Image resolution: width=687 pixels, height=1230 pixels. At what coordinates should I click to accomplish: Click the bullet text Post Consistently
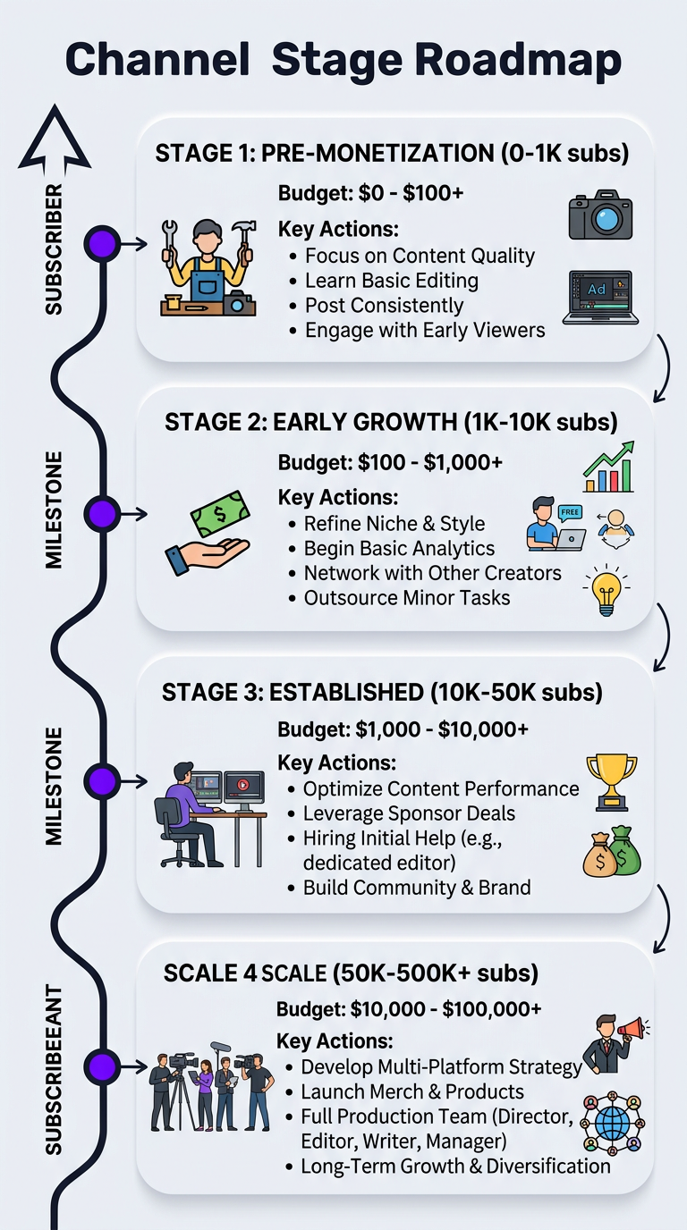coord(384,305)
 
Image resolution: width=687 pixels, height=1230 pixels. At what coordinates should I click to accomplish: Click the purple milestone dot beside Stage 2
coord(102,514)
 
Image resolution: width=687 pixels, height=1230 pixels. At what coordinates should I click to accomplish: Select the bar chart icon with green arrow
coord(608,467)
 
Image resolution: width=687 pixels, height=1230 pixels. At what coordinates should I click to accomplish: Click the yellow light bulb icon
coord(604,590)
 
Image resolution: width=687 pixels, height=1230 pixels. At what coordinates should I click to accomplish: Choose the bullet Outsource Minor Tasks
coord(406,597)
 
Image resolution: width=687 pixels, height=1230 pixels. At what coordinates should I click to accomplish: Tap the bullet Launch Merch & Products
coord(412,1091)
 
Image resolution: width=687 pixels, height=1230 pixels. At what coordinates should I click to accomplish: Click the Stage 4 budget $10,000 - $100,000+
coord(409,1009)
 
